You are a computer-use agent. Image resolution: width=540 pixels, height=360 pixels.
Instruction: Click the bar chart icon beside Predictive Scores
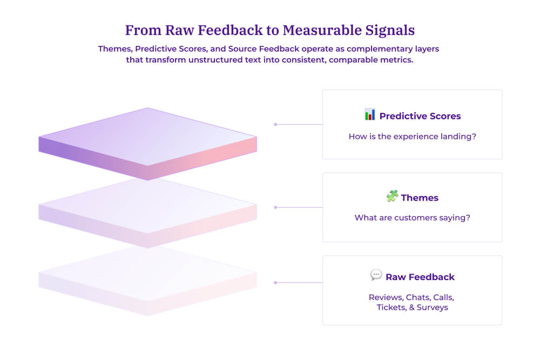[x=370, y=114]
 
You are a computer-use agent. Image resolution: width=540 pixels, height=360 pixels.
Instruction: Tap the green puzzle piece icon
[x=392, y=196]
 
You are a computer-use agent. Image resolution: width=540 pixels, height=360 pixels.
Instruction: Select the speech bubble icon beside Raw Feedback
[x=376, y=275]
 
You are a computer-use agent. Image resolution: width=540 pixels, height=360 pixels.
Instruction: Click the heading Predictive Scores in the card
[x=420, y=116]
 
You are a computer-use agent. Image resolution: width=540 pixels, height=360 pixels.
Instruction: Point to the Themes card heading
[x=420, y=198]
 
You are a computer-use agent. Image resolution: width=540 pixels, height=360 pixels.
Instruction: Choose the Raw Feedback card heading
[x=420, y=277]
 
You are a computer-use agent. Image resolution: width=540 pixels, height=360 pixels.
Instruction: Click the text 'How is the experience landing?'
[x=413, y=137]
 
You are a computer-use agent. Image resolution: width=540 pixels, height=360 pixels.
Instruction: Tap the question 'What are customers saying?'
[x=413, y=218]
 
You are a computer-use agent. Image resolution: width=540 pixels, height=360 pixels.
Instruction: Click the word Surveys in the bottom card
[x=432, y=308]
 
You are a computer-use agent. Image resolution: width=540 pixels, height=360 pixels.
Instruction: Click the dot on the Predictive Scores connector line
[x=275, y=124]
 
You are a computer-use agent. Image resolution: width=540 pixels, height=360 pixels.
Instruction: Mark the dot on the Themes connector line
[x=275, y=207]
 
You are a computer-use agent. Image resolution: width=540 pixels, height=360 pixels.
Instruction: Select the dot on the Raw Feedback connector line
[x=275, y=282]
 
